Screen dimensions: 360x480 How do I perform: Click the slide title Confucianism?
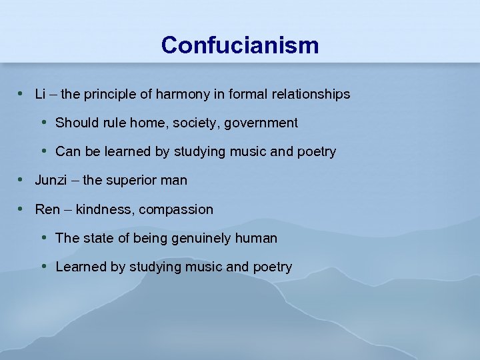(240, 45)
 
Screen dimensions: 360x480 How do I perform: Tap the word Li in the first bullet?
(40, 94)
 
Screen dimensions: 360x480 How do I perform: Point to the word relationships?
(311, 94)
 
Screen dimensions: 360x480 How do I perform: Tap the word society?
(203, 123)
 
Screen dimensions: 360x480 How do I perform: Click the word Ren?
(47, 209)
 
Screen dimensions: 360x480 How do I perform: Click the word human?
(259, 238)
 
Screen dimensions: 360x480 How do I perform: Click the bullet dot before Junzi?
(21, 180)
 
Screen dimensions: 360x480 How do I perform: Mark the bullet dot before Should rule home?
(43, 123)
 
